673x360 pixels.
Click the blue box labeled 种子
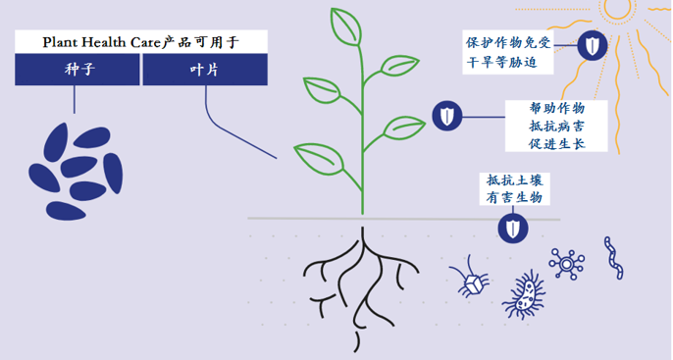click(78, 69)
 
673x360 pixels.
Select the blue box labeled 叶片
click(205, 69)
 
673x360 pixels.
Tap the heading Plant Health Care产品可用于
click(141, 41)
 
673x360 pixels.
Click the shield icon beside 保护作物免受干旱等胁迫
click(591, 44)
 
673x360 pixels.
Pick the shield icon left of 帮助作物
click(447, 117)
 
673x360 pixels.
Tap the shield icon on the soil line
click(513, 228)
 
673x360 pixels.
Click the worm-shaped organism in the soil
click(614, 256)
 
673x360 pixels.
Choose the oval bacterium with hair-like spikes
click(529, 292)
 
